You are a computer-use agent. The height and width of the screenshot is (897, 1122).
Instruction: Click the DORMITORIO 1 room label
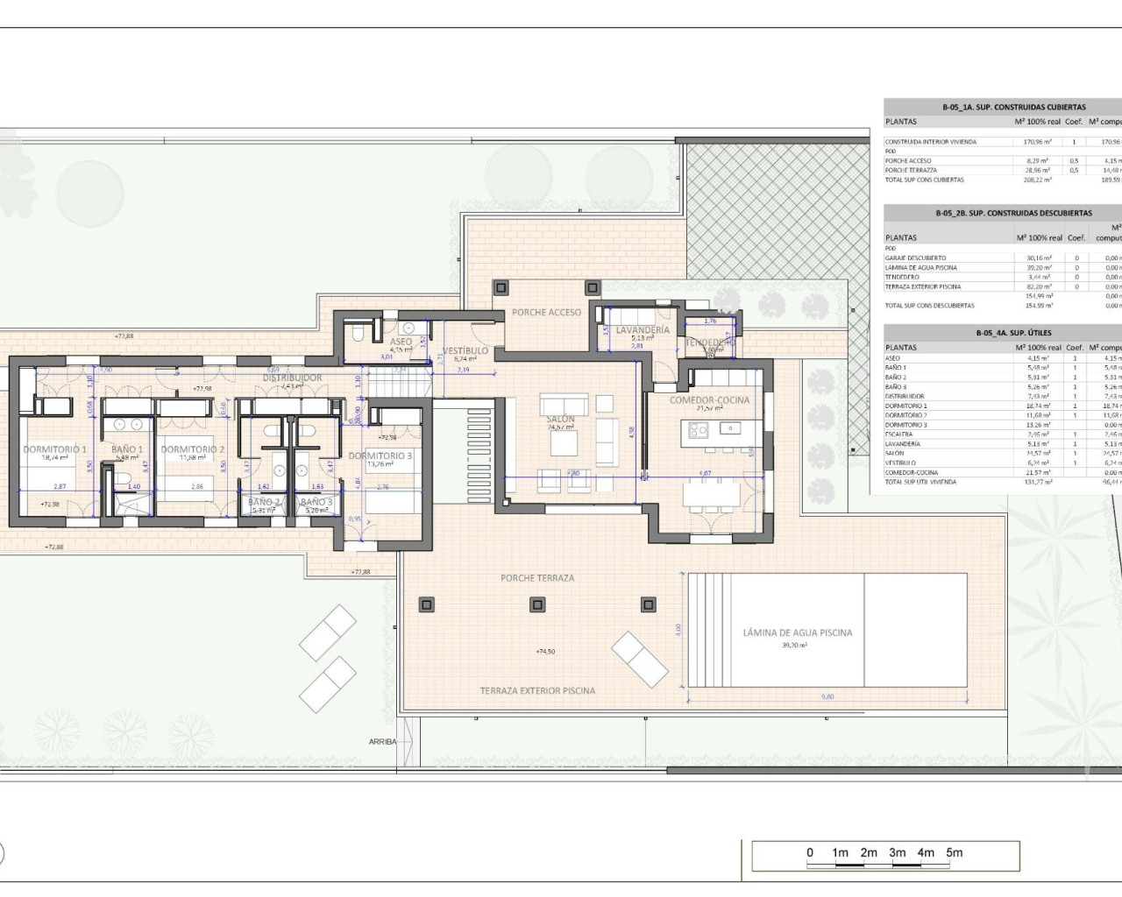(54, 449)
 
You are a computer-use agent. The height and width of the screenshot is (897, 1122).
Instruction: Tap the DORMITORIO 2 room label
(193, 449)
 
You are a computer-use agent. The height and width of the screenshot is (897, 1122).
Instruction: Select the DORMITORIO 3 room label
(380, 456)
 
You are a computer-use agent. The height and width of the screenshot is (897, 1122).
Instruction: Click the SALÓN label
(561, 420)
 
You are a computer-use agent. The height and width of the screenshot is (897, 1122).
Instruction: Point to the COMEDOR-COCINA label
(709, 400)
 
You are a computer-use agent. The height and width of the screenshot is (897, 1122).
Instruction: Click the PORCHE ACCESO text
(546, 313)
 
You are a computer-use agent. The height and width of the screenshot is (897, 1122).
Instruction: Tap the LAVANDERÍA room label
(643, 330)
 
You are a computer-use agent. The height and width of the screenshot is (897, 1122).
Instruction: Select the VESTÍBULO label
(465, 351)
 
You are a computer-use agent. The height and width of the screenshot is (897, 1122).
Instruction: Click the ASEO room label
(401, 343)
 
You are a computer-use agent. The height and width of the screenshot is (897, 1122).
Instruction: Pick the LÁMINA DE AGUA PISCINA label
(797, 632)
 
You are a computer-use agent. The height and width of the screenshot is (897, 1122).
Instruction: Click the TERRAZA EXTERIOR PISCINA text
(537, 691)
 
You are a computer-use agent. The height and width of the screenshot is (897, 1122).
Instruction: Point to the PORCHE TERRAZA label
(537, 578)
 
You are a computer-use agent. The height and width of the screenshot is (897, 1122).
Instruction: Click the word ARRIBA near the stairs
(382, 742)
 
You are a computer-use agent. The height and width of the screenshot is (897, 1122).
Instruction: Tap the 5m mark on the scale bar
(954, 852)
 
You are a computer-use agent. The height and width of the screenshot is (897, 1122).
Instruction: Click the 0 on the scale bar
(810, 852)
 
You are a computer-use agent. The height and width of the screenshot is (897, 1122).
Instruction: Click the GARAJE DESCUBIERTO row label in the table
(915, 258)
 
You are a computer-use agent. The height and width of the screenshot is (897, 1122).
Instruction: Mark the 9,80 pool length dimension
(827, 697)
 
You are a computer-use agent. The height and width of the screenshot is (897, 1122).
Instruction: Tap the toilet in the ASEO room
(358, 333)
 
